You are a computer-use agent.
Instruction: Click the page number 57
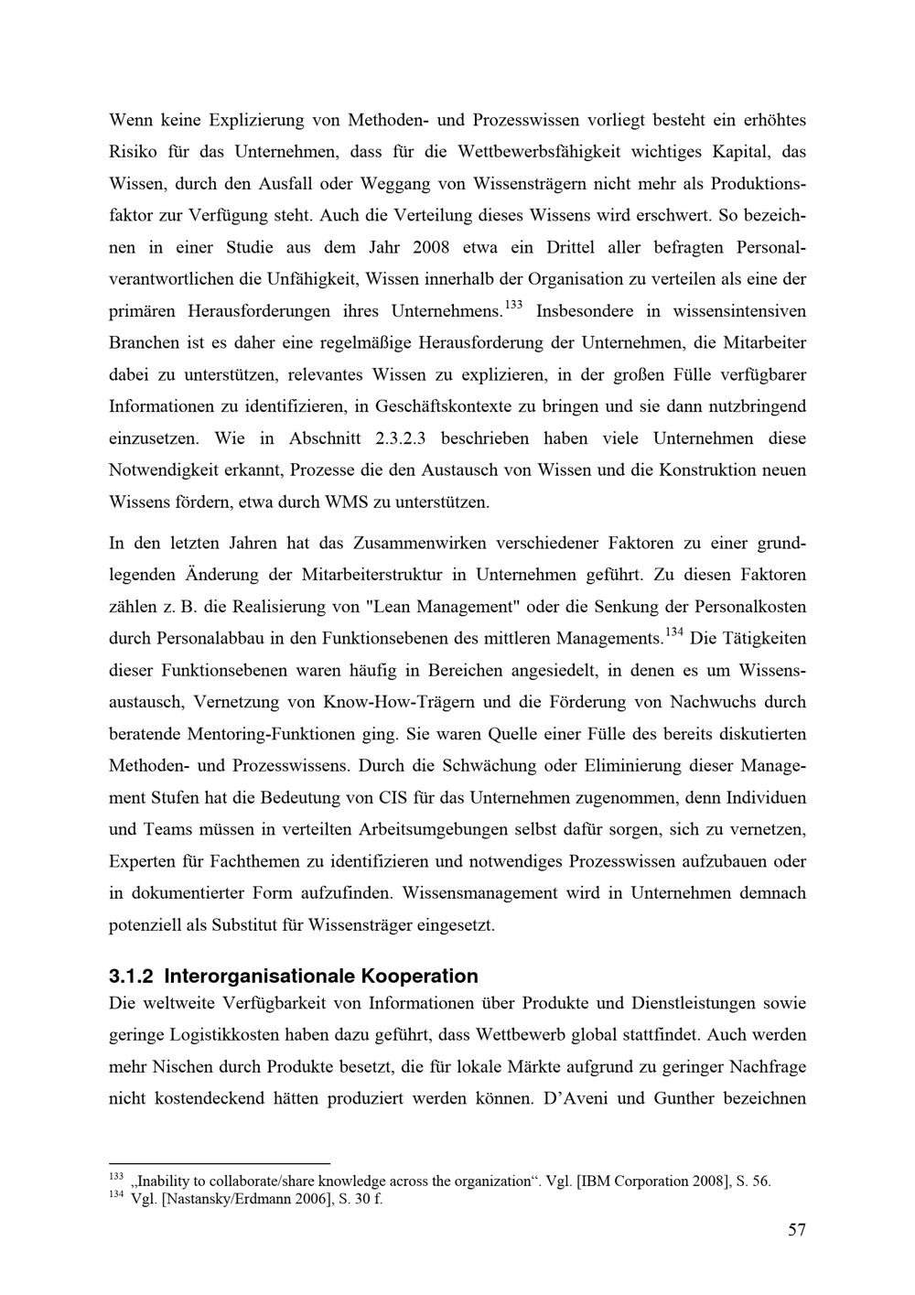click(x=796, y=1230)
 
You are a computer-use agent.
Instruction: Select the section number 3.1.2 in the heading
click(x=132, y=976)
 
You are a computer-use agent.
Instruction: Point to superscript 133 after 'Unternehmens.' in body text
click(x=513, y=304)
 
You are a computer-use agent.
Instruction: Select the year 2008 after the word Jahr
click(x=433, y=247)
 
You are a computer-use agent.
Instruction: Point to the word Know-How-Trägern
click(x=398, y=703)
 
